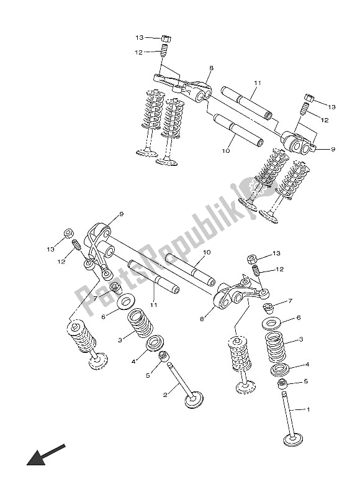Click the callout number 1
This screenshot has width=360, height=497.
point(308,409)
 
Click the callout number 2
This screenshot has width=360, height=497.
point(165,395)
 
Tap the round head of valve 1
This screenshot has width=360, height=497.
point(292,440)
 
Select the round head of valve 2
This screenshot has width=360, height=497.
point(194,400)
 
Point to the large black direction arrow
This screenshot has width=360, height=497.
point(46,455)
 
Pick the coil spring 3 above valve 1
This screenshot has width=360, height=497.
point(276,347)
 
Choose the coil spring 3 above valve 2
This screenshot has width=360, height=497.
point(140,322)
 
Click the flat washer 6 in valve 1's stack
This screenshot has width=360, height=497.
point(272,324)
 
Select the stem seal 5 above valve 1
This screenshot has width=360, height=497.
point(282,385)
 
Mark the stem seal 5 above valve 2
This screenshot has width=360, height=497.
point(164,356)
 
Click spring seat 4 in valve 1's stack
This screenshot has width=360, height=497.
point(280,369)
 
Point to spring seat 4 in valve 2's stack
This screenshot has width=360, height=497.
point(155,343)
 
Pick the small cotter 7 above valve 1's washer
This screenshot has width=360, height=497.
point(269,307)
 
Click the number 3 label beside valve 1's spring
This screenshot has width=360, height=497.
point(301,339)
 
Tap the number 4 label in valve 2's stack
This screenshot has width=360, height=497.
point(133,362)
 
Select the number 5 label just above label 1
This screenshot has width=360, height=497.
point(305,381)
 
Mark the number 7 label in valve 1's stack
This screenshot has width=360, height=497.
point(290,301)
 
